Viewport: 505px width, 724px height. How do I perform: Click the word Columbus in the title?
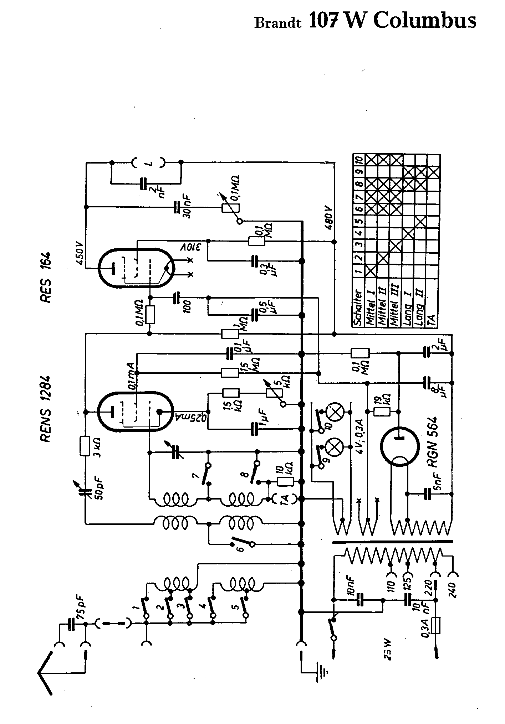424,21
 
